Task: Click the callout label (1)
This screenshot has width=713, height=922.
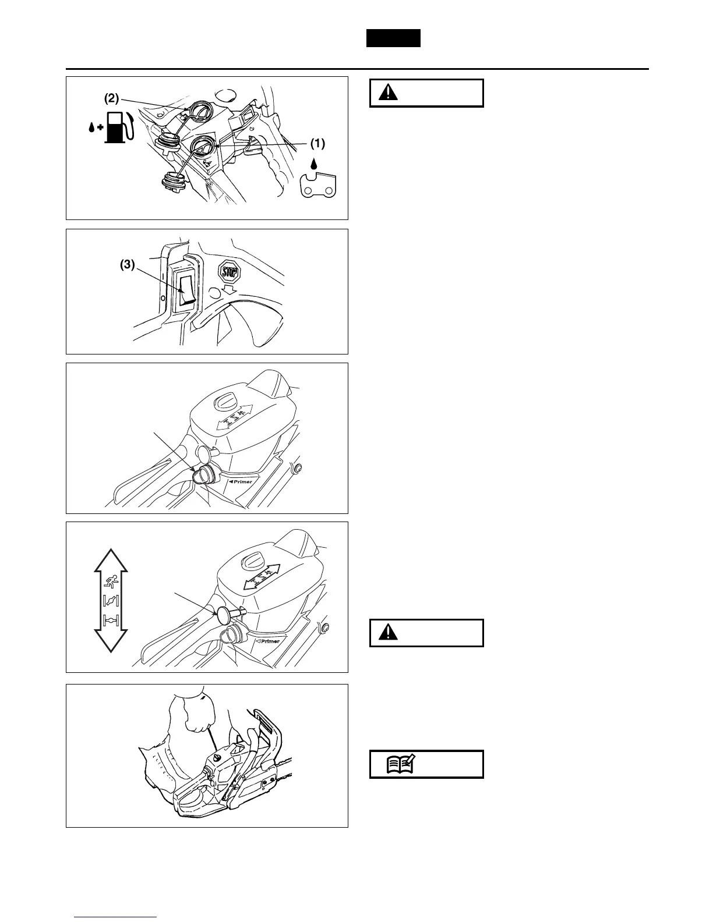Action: point(316,143)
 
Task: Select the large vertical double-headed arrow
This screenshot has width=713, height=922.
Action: point(110,600)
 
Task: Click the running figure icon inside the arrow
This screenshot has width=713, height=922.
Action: point(110,580)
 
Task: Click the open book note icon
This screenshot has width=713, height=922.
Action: point(400,764)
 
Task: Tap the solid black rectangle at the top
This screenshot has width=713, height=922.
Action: point(393,38)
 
